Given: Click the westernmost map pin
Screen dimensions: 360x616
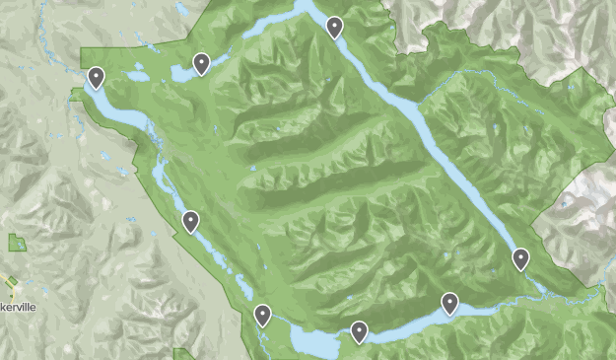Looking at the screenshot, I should click(x=97, y=77).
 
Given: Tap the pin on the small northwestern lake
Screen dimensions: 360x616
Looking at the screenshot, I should click(x=201, y=64).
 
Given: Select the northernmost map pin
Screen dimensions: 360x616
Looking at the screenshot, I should click(x=335, y=28).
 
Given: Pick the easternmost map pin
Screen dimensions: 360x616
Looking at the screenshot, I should click(x=520, y=259).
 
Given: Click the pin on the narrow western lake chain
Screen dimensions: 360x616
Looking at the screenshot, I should click(x=190, y=221).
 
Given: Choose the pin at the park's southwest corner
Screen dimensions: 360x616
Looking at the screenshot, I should click(x=262, y=316).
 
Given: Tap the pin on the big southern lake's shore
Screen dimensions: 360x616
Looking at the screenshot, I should click(x=359, y=332).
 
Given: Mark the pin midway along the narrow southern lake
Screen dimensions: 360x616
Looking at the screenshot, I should click(x=449, y=303).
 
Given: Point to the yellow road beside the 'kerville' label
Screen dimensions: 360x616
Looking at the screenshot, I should click(x=11, y=288).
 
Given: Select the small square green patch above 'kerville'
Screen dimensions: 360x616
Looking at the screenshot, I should click(x=17, y=243).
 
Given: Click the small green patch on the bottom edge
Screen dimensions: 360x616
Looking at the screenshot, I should click(x=182, y=354).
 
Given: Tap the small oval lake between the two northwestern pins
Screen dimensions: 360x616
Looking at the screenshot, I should click(x=137, y=75).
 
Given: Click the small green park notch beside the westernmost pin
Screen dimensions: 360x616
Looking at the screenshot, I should click(x=77, y=94).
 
